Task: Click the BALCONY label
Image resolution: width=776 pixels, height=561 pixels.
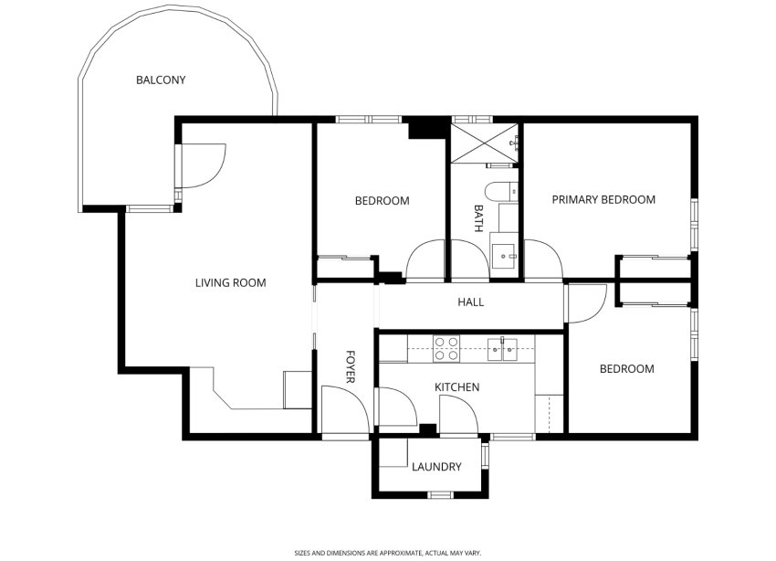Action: coord(161,80)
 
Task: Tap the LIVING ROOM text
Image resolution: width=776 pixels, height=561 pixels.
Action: coord(230,283)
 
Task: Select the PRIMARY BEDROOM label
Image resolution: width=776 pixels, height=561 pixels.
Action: coord(603,200)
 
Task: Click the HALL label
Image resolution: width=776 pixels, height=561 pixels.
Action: coord(471,302)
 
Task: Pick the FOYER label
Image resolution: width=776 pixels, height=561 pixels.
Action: coord(350,365)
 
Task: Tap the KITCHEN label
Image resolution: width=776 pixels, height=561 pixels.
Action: coord(456,387)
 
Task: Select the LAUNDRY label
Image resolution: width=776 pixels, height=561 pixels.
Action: coord(436,467)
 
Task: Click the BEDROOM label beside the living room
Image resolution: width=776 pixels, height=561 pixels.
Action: coord(382,201)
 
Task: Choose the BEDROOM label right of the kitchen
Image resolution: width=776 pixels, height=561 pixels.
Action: coord(626,369)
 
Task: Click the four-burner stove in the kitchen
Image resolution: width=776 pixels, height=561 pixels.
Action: coord(446,348)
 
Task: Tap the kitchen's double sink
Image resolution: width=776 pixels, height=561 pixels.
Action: coord(501,348)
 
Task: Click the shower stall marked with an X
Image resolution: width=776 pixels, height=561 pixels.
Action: coord(484,143)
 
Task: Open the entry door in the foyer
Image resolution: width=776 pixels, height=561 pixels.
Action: coord(340,406)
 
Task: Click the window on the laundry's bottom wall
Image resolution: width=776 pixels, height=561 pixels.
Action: coord(441,494)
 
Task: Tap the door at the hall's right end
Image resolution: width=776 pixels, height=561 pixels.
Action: coord(585,302)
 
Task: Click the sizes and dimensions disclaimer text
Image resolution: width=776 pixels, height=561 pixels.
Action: coord(387,552)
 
